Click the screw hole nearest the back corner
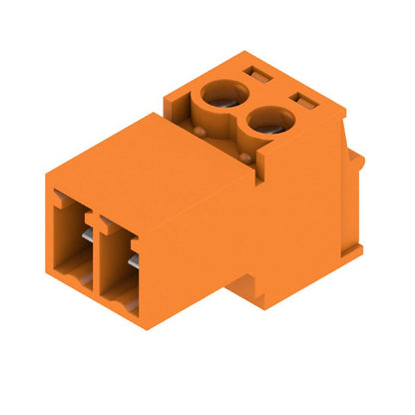tap(220, 97)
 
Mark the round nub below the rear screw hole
tap(203, 129)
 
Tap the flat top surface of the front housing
tap(140, 160)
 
